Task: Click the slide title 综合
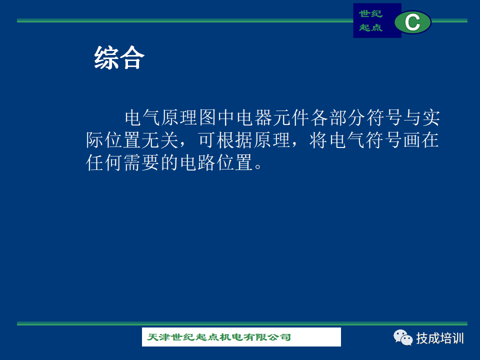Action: click(x=119, y=57)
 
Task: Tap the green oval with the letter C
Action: click(x=412, y=22)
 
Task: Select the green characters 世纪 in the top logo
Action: click(x=370, y=14)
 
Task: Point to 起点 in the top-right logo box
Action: click(x=370, y=27)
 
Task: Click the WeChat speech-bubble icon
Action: click(x=403, y=337)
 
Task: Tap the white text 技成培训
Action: click(x=440, y=338)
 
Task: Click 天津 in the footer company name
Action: click(x=158, y=337)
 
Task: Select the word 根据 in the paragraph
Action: click(x=235, y=140)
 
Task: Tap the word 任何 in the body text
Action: click(x=104, y=162)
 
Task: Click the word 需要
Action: click(x=141, y=162)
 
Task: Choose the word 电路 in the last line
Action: click(x=198, y=162)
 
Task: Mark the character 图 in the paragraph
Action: click(x=208, y=117)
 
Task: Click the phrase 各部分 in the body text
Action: click(x=338, y=117)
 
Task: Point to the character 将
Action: click(x=318, y=140)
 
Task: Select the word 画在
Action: click(x=421, y=140)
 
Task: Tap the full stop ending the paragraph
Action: click(x=258, y=166)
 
